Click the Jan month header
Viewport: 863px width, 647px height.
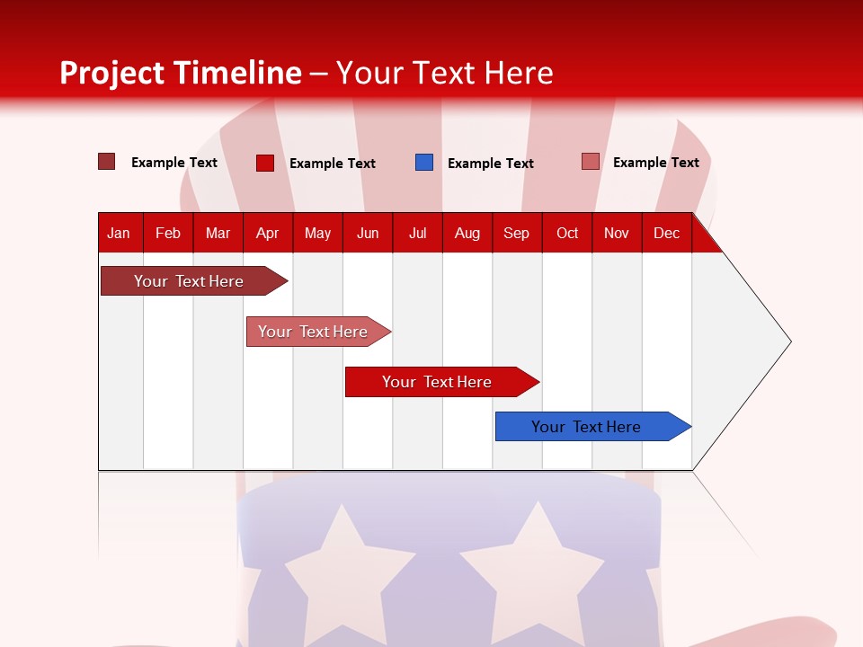coord(119,234)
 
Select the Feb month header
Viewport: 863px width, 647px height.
coord(168,234)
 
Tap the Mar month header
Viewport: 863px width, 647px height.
coord(218,234)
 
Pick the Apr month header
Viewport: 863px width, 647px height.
coord(268,234)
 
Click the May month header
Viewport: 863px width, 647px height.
coord(317,234)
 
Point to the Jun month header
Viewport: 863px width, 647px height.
coord(368,234)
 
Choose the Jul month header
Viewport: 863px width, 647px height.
coord(417,234)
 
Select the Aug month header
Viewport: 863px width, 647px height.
coord(467,234)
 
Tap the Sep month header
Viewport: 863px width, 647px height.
coord(517,234)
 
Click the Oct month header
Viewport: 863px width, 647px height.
coord(567,234)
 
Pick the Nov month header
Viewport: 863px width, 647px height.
coord(617,234)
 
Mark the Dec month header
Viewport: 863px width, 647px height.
coord(667,234)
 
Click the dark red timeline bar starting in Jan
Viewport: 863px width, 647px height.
coord(190,281)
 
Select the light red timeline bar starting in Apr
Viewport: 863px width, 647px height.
coord(314,332)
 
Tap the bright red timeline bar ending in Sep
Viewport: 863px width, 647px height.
coord(438,382)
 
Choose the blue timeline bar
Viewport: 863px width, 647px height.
coord(587,427)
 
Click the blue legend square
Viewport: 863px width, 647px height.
coord(424,163)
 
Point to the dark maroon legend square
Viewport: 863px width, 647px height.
coord(107,162)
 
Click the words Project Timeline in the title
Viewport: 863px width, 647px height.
coord(181,73)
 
